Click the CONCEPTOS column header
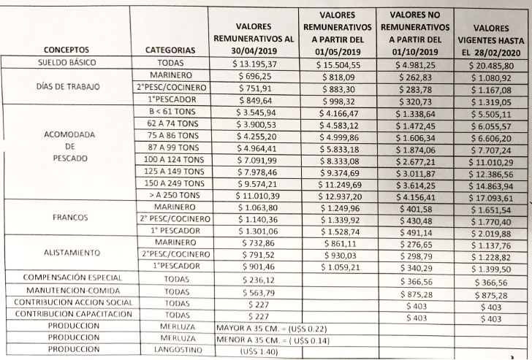pos(66,50)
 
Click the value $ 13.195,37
pos(251,64)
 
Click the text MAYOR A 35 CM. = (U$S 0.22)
pos(272,326)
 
